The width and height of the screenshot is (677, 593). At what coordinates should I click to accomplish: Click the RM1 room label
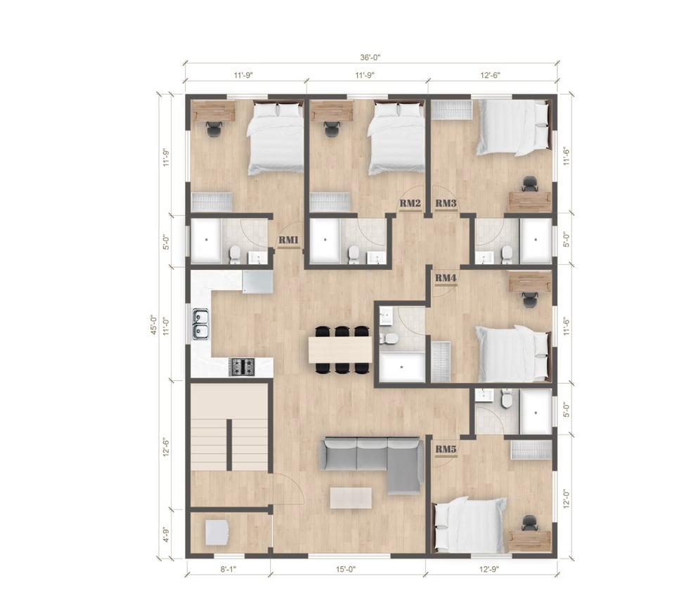288,240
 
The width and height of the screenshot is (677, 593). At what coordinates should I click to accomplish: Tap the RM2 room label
410,203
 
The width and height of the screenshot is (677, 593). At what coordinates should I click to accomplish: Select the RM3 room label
446,203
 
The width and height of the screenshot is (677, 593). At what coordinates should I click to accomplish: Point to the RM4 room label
446,278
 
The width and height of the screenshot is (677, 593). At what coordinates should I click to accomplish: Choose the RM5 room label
446,449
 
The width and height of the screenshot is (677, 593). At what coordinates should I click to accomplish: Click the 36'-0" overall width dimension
370,57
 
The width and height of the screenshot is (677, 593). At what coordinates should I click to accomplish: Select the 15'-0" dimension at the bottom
346,569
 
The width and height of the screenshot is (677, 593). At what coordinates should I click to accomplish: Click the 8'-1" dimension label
228,569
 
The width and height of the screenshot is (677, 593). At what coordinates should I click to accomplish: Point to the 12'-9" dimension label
489,569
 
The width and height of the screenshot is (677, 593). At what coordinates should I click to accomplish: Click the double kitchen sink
200,324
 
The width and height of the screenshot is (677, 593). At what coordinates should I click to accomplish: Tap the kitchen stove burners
241,367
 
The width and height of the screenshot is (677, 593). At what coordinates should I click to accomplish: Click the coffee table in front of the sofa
351,498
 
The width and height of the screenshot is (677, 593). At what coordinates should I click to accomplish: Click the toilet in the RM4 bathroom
391,339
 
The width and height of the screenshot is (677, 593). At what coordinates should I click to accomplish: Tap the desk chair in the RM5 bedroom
529,523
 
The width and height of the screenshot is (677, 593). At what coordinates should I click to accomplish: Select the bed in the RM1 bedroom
276,137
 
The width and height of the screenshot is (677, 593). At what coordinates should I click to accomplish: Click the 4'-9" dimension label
165,534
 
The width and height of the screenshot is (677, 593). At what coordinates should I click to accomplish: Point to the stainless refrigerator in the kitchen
258,282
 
